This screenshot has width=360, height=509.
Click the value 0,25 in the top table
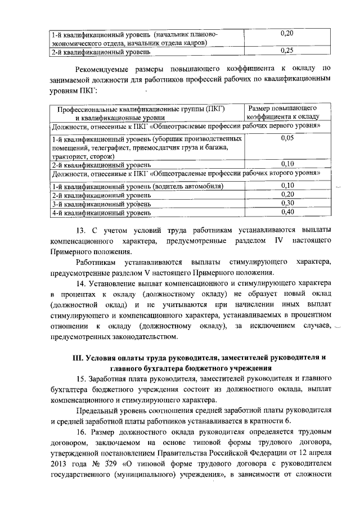(x=287, y=51)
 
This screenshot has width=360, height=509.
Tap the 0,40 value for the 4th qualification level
(x=287, y=212)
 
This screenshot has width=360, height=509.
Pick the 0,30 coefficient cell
(x=287, y=203)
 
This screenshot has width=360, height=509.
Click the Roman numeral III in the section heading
(x=79, y=357)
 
